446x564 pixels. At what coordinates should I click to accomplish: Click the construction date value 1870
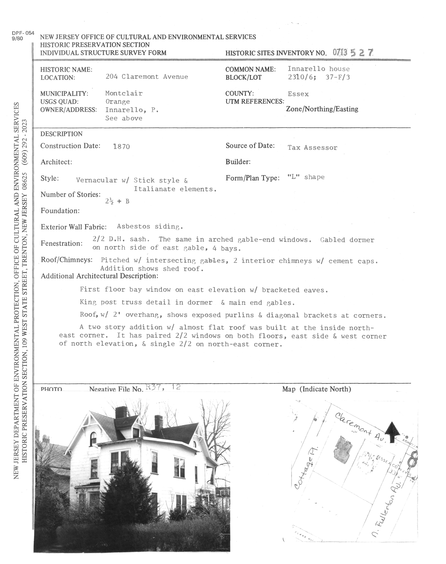coord(121,147)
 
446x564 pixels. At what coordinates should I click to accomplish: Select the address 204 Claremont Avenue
coord(147,77)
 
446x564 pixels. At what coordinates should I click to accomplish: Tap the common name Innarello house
coord(319,69)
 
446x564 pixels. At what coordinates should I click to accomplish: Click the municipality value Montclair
coord(124,93)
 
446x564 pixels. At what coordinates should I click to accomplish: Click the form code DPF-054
coord(23,33)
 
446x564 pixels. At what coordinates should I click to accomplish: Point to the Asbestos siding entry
coord(150,227)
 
